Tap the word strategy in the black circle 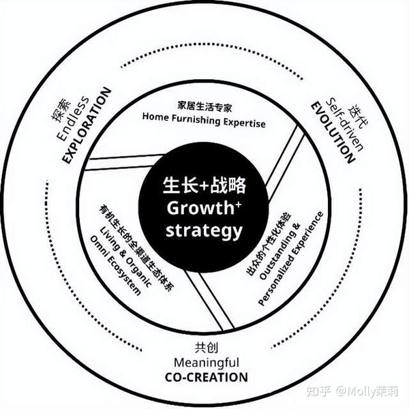(204, 230)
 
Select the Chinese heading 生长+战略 (204, 185)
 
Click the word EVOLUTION (333, 132)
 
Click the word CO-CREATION (207, 376)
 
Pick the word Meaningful (207, 361)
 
